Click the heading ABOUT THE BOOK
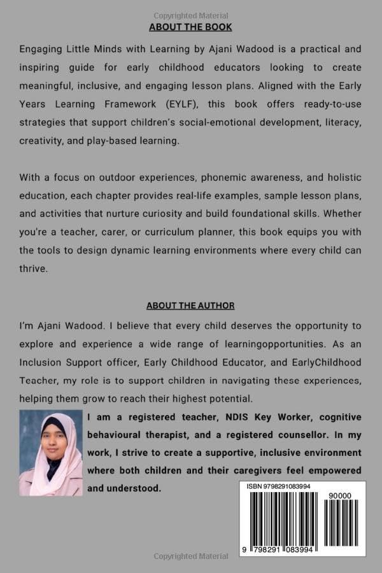[190, 27]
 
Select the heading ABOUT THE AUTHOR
[190, 306]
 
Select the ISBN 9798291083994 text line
[279, 486]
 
